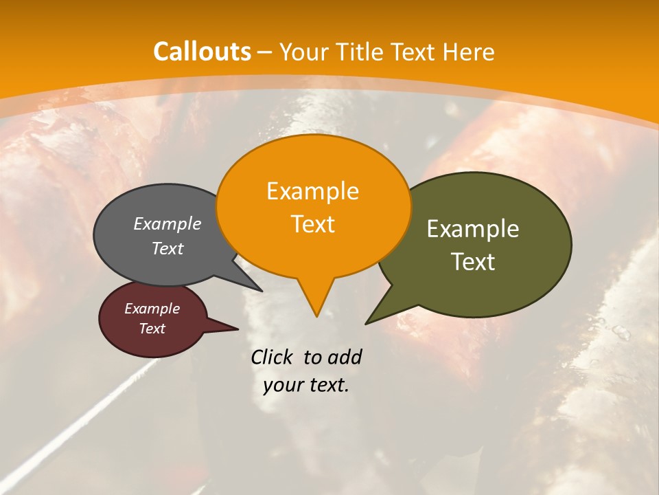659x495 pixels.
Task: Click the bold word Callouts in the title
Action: tap(202, 52)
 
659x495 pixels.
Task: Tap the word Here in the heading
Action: tap(469, 52)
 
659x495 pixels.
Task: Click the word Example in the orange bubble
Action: tap(312, 191)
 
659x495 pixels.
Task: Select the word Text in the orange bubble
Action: tap(312, 224)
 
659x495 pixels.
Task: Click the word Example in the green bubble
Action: tap(473, 229)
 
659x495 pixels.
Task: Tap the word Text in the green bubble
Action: tap(473, 262)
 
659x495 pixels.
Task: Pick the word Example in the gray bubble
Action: tap(167, 224)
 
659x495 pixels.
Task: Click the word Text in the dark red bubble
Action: tap(152, 329)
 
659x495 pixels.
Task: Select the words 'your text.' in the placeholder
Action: tap(306, 386)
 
